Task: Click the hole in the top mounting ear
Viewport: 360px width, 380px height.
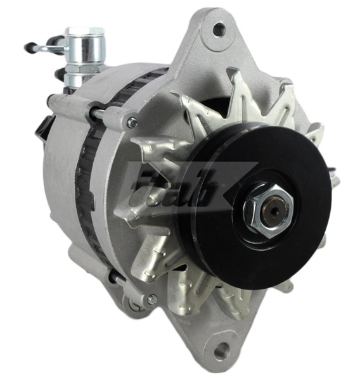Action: pos(219,28)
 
